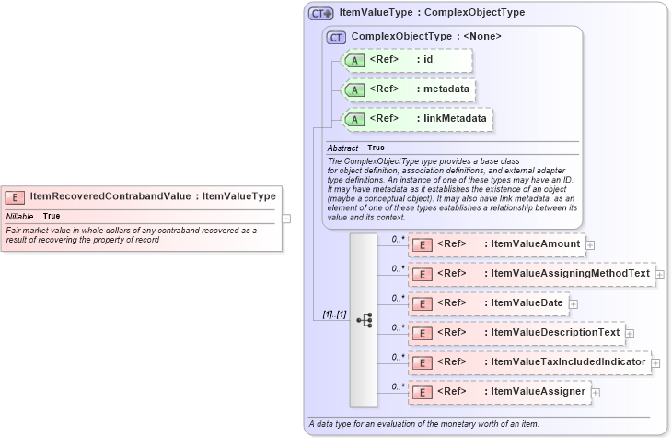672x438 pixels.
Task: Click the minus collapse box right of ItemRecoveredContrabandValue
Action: click(x=286, y=219)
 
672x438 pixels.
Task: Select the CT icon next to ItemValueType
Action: click(x=320, y=13)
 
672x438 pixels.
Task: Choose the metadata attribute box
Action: click(x=408, y=89)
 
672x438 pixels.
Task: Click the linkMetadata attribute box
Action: click(x=416, y=119)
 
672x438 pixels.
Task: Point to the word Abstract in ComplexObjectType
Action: click(x=342, y=148)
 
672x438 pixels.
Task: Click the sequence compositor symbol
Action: click(x=364, y=319)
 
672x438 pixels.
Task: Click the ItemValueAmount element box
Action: click(x=496, y=244)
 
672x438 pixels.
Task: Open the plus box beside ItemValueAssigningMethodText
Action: click(x=660, y=274)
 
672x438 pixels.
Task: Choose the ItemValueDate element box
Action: click(x=487, y=303)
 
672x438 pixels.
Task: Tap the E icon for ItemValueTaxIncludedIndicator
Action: click(x=421, y=362)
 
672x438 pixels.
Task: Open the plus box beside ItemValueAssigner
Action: click(x=596, y=393)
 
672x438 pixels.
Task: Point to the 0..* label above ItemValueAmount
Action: click(x=398, y=238)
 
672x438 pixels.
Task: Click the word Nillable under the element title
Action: click(x=19, y=216)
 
